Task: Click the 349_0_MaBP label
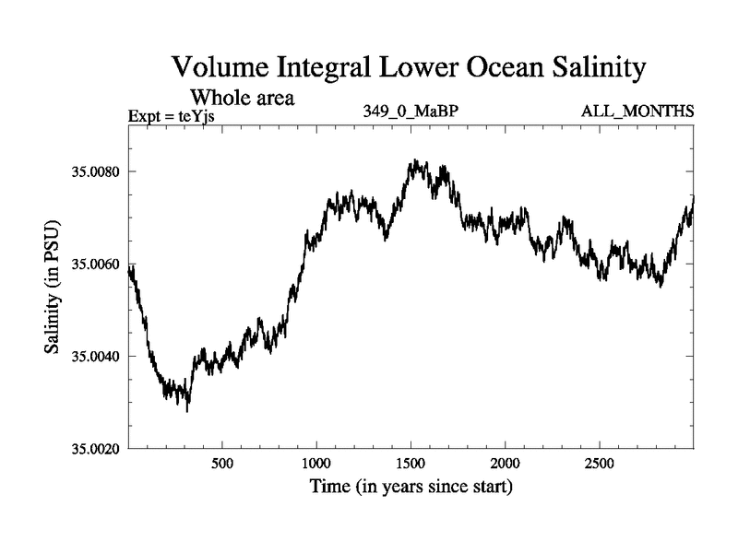tap(411, 112)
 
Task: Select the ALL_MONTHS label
tap(637, 112)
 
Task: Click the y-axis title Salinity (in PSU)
tap(52, 288)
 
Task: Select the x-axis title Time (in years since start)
tap(410, 486)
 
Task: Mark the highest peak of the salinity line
tap(416, 160)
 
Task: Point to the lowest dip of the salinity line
tap(187, 411)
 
